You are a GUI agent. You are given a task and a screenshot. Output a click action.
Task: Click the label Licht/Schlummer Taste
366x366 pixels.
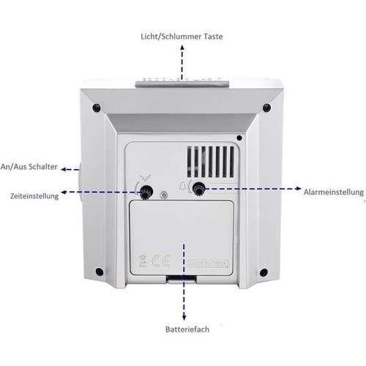[x=182, y=37]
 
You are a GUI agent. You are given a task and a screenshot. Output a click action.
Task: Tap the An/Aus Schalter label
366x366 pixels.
[x=29, y=167]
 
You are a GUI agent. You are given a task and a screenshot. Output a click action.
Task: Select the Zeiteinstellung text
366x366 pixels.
[x=34, y=196]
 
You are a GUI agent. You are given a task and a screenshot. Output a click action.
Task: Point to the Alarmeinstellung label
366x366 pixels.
[x=334, y=192]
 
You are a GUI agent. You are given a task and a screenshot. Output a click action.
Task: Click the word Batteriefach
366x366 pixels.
[x=187, y=329]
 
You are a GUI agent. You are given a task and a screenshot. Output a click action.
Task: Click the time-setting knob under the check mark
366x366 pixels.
[x=146, y=191]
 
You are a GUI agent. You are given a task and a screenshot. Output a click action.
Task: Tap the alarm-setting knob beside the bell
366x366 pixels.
[x=198, y=188]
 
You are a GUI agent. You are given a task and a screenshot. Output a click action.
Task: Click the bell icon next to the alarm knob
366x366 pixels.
[x=182, y=187]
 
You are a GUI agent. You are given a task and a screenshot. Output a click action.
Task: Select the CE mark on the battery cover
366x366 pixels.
[x=161, y=261]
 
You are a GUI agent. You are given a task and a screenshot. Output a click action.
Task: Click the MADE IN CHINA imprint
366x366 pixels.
[x=209, y=264]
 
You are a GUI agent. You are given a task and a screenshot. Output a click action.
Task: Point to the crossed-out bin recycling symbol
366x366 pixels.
[x=143, y=261]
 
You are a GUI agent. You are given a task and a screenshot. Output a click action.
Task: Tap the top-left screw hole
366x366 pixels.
[x=97, y=108]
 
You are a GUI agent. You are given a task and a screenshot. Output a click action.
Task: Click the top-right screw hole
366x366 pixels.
[x=266, y=108]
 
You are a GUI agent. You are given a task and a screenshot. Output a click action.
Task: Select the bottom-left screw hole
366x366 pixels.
[x=100, y=272]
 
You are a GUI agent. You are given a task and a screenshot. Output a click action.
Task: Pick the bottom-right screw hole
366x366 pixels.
[x=264, y=272]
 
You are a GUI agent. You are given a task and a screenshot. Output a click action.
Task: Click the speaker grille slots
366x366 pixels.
[x=211, y=162]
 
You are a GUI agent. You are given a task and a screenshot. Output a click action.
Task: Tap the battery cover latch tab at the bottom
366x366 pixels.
[x=182, y=279]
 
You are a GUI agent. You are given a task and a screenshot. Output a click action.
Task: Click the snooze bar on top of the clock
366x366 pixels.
[x=182, y=83]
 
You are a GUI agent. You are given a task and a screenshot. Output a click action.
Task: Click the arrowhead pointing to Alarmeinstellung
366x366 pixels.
[x=298, y=188]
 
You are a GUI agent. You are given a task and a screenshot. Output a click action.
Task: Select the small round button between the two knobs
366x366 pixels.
[x=164, y=195]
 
